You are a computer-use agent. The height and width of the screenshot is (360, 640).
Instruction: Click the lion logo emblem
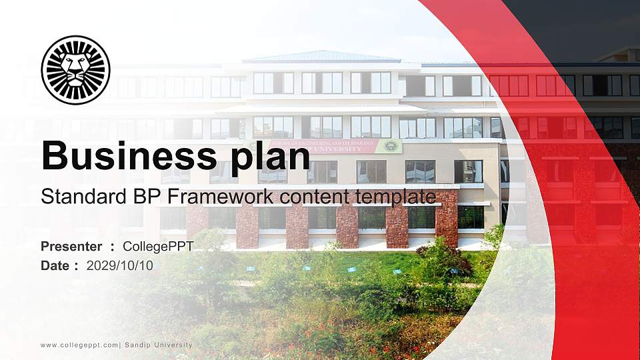point(75,70)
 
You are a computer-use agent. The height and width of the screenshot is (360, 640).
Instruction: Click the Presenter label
point(71,247)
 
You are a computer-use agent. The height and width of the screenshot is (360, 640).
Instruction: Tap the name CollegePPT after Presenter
point(158,247)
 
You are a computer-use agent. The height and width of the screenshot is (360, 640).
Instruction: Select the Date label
point(55,266)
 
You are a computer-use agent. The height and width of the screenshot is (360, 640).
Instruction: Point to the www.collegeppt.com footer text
point(79,345)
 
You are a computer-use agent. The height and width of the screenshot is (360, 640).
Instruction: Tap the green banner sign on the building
point(353,147)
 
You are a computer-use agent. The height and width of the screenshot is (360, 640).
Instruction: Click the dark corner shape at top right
point(587,27)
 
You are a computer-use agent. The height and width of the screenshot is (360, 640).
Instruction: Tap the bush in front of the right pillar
point(443,257)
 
